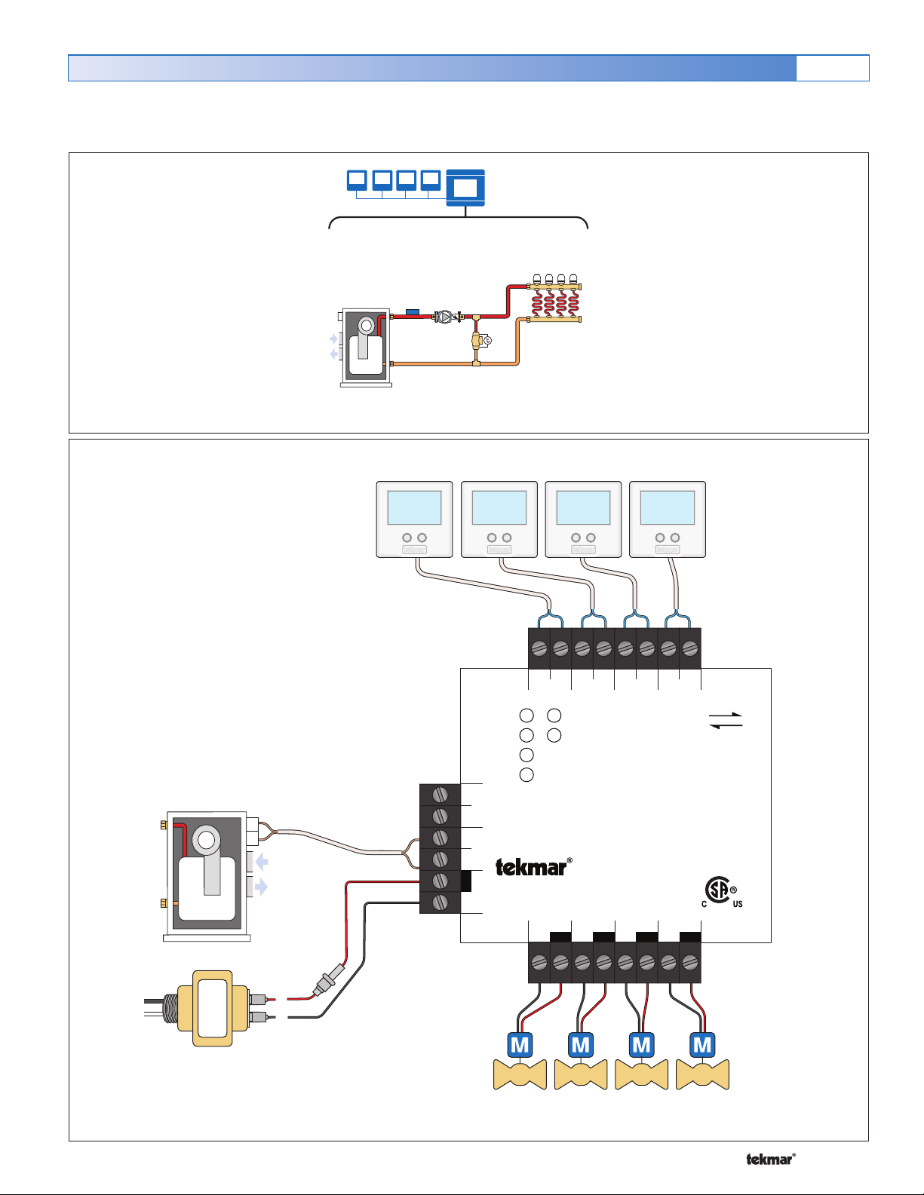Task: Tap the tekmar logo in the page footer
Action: pos(770,1160)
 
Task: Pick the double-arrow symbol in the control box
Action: pos(726,721)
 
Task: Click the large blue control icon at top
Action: pos(465,188)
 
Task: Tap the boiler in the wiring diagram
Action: pos(206,875)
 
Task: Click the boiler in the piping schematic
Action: pos(366,346)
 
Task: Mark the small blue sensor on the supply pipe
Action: pos(412,311)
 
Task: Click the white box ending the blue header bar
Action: pos(832,68)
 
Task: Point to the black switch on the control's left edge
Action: pos(466,881)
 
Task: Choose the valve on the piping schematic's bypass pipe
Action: pos(478,341)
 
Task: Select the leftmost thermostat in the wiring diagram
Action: pos(414,519)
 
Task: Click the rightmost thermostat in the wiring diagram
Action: pos(668,519)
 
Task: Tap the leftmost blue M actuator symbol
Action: pos(520,1045)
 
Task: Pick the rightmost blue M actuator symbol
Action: pos(702,1045)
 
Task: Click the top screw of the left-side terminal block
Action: pos(441,795)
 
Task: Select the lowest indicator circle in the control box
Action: pos(526,774)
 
